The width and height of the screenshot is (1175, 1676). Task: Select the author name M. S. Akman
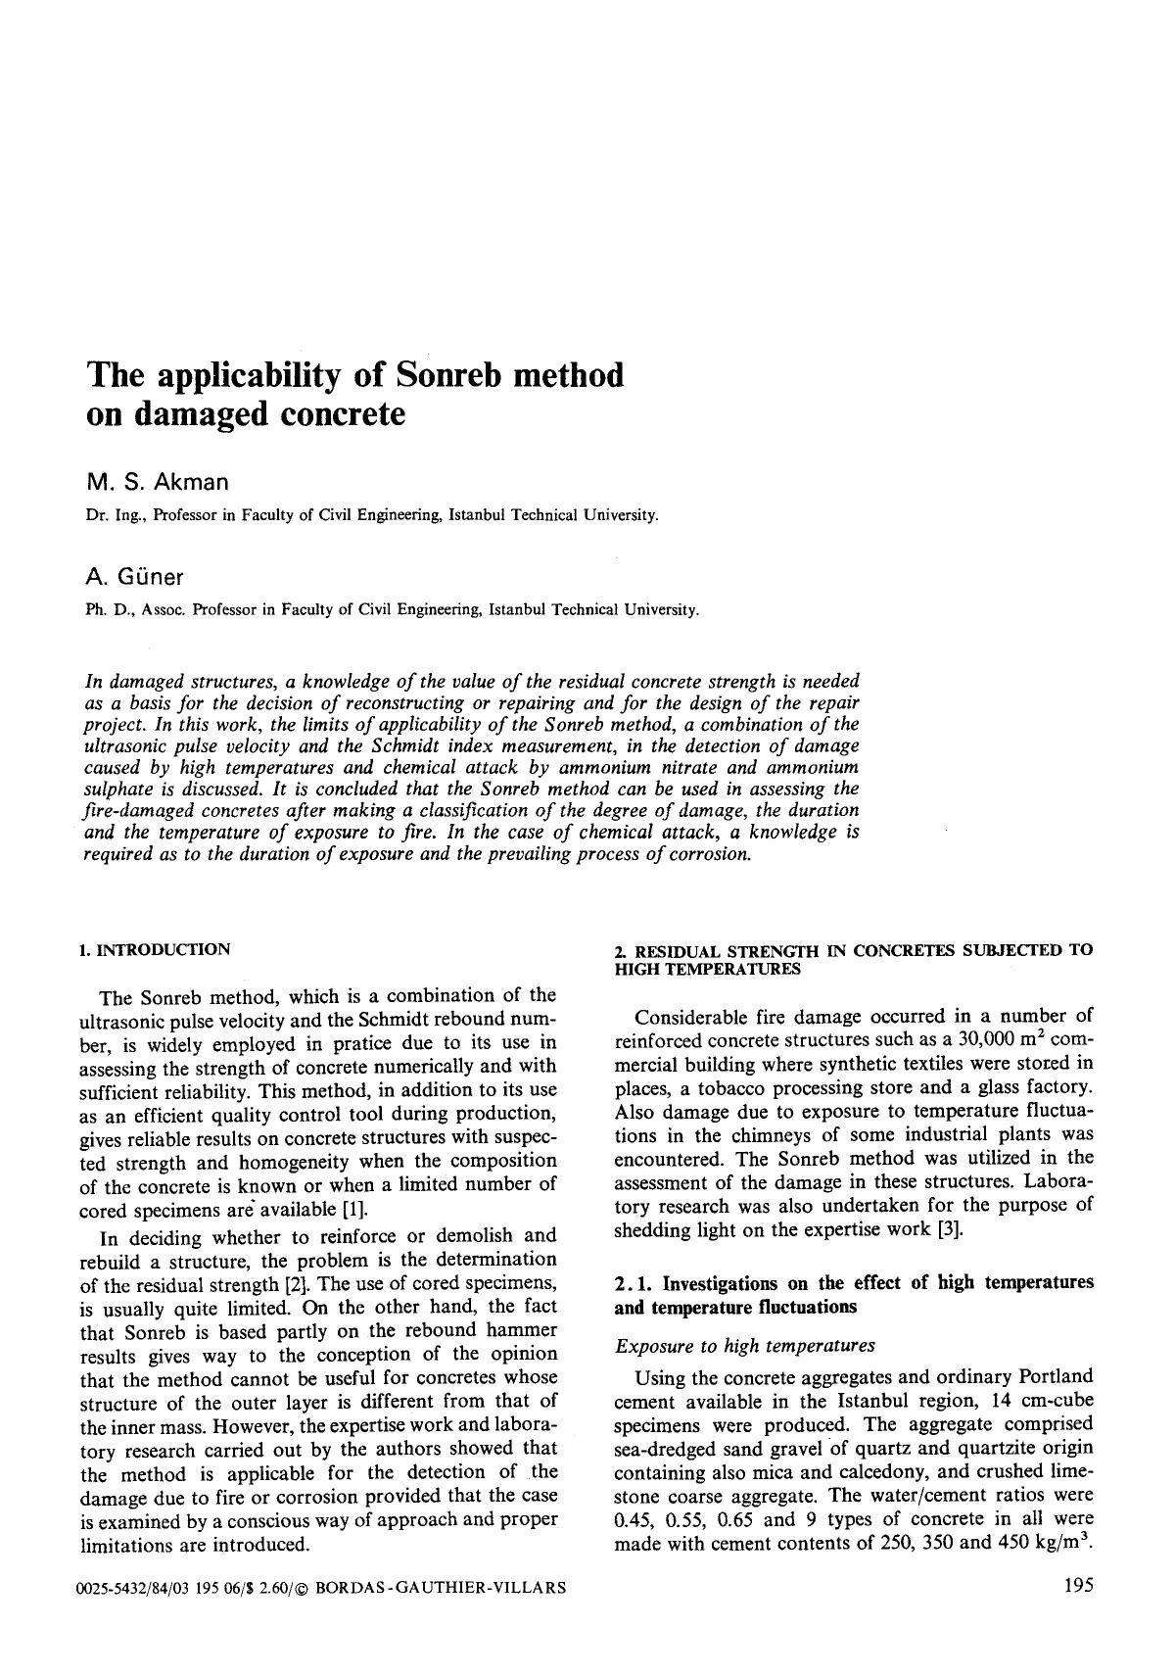click(x=158, y=482)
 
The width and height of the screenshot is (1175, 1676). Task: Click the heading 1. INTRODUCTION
click(x=155, y=949)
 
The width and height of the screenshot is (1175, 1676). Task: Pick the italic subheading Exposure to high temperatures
click(x=744, y=1346)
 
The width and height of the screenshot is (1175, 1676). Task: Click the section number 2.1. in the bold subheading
click(x=634, y=1283)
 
